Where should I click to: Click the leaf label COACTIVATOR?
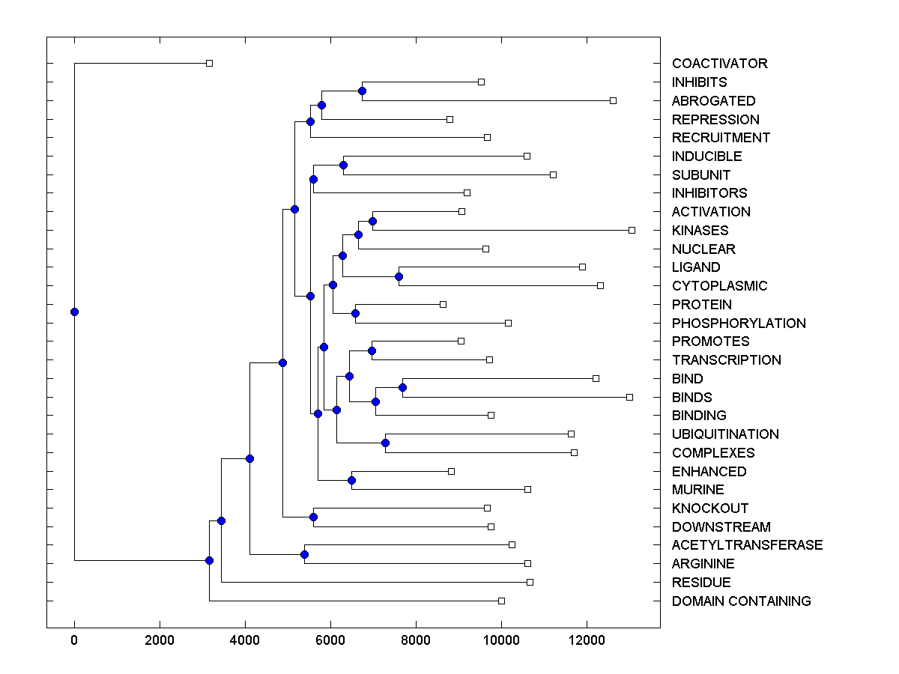point(719,64)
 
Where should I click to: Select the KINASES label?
point(700,231)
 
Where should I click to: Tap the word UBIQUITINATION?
point(725,434)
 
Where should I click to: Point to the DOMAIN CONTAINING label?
point(741,601)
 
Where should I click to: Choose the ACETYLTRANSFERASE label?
point(747,545)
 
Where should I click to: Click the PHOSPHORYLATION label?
point(739,324)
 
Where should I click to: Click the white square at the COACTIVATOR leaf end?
point(210,63)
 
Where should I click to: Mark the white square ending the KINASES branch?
point(632,230)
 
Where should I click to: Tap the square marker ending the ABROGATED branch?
point(613,100)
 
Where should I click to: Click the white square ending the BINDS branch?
point(629,397)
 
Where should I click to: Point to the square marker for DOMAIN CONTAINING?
point(501,601)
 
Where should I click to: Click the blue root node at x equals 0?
point(74,312)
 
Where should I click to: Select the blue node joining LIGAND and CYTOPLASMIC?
point(399,276)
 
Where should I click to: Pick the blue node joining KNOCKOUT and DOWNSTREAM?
point(313,517)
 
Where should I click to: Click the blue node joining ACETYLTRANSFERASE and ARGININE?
point(304,554)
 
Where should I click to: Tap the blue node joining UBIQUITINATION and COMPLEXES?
point(385,443)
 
